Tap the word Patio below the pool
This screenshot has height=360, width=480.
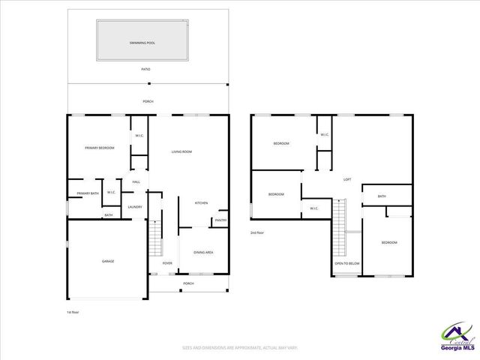(145, 69)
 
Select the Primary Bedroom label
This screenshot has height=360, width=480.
(99, 148)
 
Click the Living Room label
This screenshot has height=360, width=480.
(181, 152)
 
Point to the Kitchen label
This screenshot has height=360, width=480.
(201, 203)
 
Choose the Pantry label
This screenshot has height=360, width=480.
(220, 220)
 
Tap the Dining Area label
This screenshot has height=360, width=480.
(203, 252)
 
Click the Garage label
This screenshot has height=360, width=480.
(108, 261)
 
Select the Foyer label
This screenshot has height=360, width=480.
(167, 263)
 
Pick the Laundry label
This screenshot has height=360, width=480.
(135, 207)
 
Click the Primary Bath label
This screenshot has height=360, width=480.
(87, 193)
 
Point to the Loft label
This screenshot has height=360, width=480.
(346, 179)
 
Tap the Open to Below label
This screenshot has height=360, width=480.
(347, 263)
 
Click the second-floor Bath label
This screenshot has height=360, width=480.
(382, 196)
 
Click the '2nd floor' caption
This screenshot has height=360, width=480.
(258, 232)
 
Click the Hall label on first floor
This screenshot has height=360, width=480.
(136, 182)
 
